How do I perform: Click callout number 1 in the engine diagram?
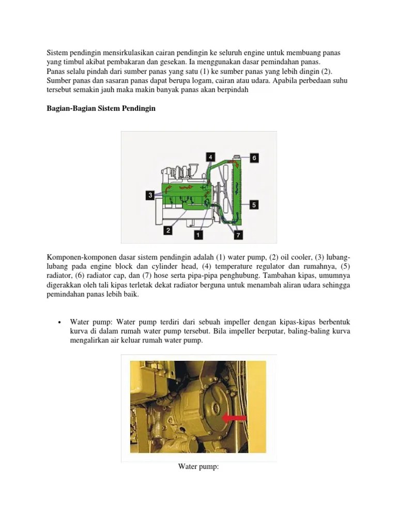[197, 234]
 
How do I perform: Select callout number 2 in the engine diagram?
[167, 230]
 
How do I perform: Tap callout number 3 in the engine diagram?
[150, 195]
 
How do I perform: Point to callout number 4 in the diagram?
[211, 156]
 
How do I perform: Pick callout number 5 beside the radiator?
[254, 204]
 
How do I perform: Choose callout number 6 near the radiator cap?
[254, 158]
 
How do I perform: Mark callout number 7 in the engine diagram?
[238, 234]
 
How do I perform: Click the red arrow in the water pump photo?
[234, 417]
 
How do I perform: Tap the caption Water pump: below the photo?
[199, 467]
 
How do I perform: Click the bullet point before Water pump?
[60, 322]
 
